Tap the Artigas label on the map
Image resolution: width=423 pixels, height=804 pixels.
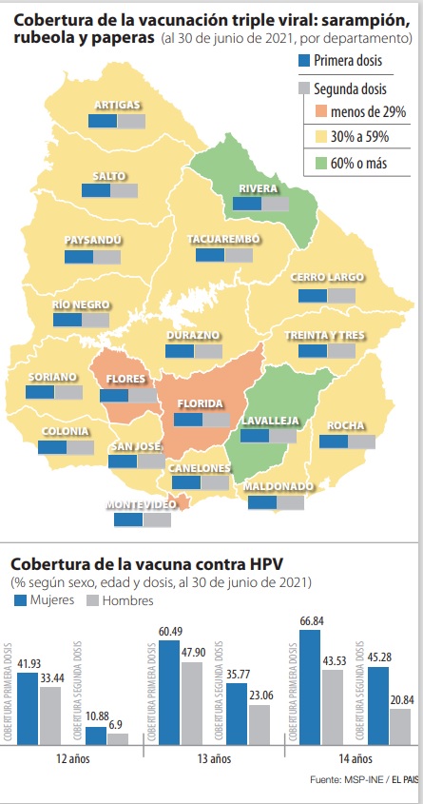point(119,105)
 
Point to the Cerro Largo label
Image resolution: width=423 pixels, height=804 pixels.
point(327,278)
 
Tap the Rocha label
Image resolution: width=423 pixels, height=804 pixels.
point(346,425)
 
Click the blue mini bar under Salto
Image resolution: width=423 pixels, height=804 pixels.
point(95,190)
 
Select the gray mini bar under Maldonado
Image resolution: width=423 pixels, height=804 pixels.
point(291,502)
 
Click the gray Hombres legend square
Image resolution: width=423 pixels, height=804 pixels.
point(92,601)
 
